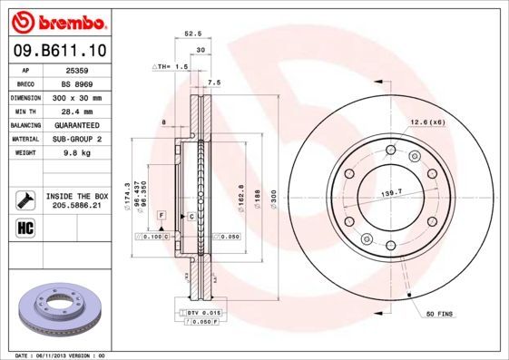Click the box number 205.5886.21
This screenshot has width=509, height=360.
(x=76, y=206)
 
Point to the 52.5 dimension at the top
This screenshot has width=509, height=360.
(x=191, y=35)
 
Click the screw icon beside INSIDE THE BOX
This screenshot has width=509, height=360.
(x=26, y=199)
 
